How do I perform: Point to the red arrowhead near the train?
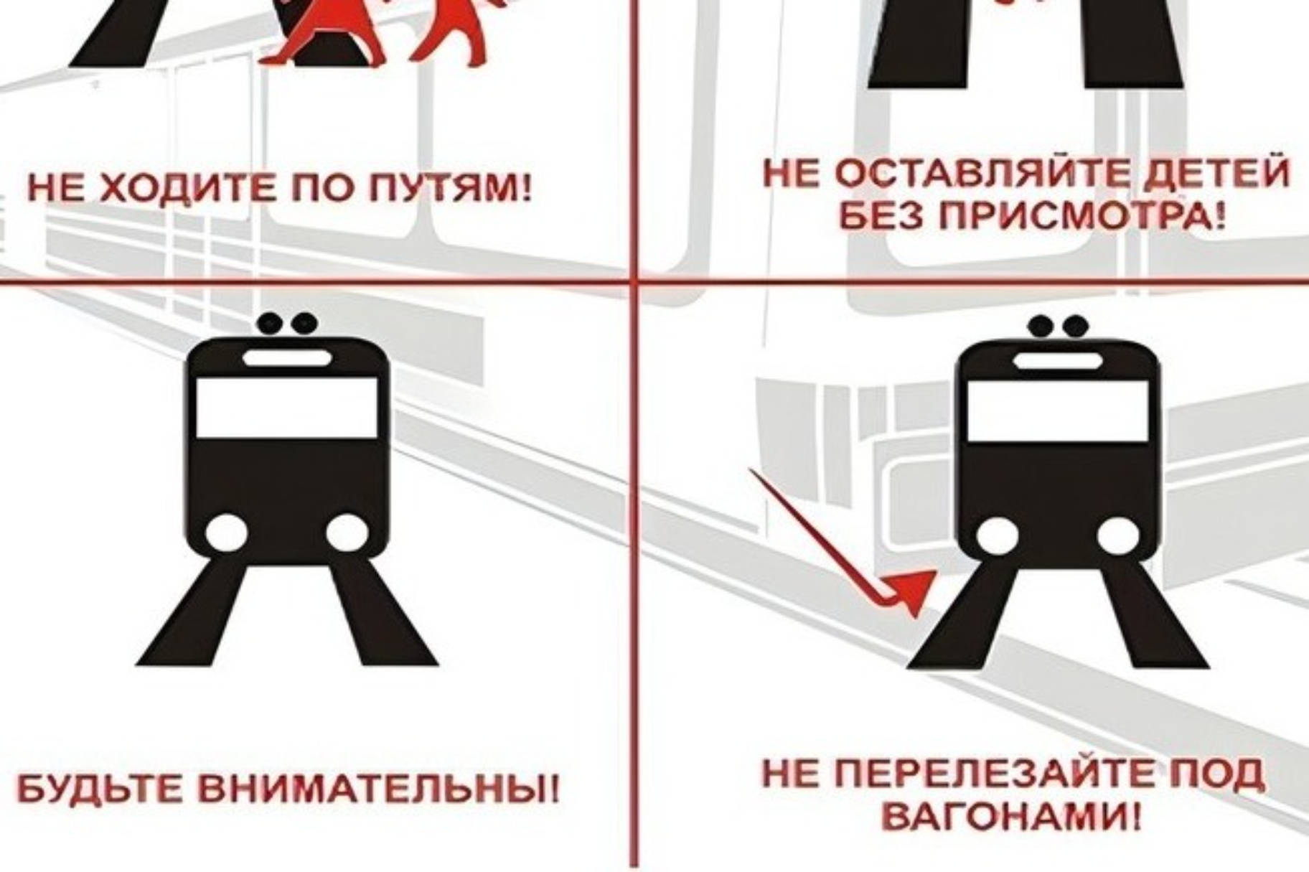click(911, 590)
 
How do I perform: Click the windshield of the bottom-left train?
click(286, 406)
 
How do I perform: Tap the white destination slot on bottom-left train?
click(287, 357)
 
